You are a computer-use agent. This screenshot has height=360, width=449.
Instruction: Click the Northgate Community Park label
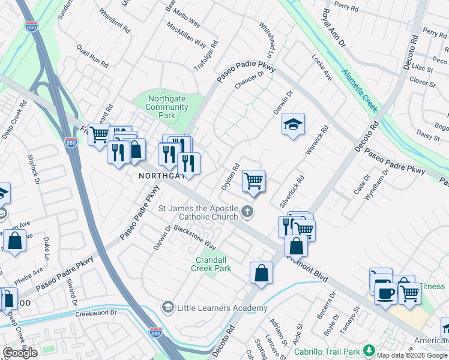coord(167,107)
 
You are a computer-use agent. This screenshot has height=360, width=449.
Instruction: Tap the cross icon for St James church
coord(247,211)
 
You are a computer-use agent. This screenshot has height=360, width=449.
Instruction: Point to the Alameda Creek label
coord(360,89)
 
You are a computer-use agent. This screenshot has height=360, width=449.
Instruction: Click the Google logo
coord(20,353)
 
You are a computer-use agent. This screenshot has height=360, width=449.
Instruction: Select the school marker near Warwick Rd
coord(292,124)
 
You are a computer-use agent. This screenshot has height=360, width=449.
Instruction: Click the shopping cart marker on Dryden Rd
coord(253,180)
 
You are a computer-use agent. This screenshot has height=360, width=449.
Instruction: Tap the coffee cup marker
coord(385,293)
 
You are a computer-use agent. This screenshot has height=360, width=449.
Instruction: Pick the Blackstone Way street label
coord(194,237)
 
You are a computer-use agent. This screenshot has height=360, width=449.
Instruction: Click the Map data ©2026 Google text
coord(411,355)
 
